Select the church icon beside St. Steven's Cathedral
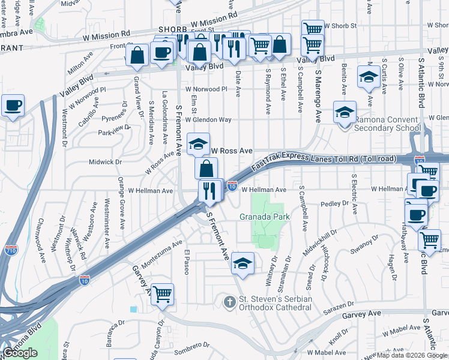click(228, 300)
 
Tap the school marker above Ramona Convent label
click(345, 113)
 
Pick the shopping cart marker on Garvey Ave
click(162, 295)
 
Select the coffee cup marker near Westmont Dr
click(13, 106)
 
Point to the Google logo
click(20, 353)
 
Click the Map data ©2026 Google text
click(412, 355)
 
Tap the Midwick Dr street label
click(105, 162)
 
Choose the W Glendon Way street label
click(209, 119)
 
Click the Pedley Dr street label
click(334, 203)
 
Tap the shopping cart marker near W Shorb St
click(312, 28)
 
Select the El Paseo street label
click(187, 262)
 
